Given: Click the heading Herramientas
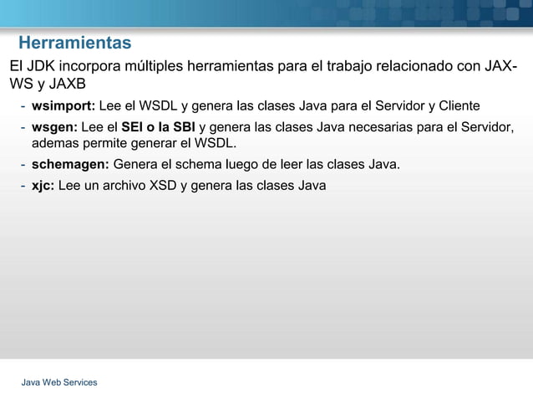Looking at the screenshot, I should [74, 43].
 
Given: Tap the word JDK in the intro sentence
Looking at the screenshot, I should [44, 66].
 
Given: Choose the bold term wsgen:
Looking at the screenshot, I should [54, 127].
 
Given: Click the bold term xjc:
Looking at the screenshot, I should [43, 185].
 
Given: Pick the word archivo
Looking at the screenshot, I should [118, 185].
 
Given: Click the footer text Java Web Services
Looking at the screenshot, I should [59, 382].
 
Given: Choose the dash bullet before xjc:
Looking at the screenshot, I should [23, 185].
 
